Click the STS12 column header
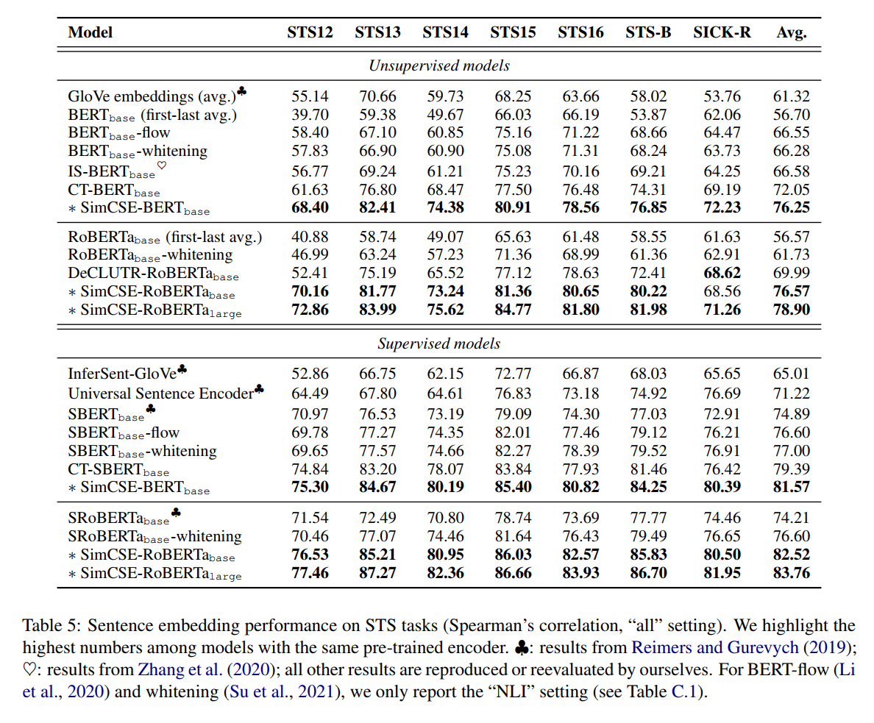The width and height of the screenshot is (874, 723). pyautogui.click(x=310, y=32)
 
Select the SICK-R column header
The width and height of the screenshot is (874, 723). pyautogui.click(x=722, y=32)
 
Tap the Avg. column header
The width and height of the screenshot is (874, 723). pyautogui.click(x=791, y=32)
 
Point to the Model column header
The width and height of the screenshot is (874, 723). pyautogui.click(x=90, y=32)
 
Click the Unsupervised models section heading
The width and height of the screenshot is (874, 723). pyautogui.click(x=438, y=65)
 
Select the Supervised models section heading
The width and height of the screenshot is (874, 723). pyautogui.click(x=438, y=343)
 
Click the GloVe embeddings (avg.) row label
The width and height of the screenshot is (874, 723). pyautogui.click(x=152, y=96)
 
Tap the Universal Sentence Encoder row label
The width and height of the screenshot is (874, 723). pyautogui.click(x=161, y=393)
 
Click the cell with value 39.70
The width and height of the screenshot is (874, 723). pyautogui.click(x=310, y=115)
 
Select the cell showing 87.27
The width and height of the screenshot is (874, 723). pyautogui.click(x=377, y=573)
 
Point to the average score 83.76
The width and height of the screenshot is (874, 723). pyautogui.click(x=791, y=573)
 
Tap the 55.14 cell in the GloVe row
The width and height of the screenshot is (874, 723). pyautogui.click(x=310, y=96)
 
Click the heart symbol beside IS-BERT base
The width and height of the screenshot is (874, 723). pyautogui.click(x=162, y=166)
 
